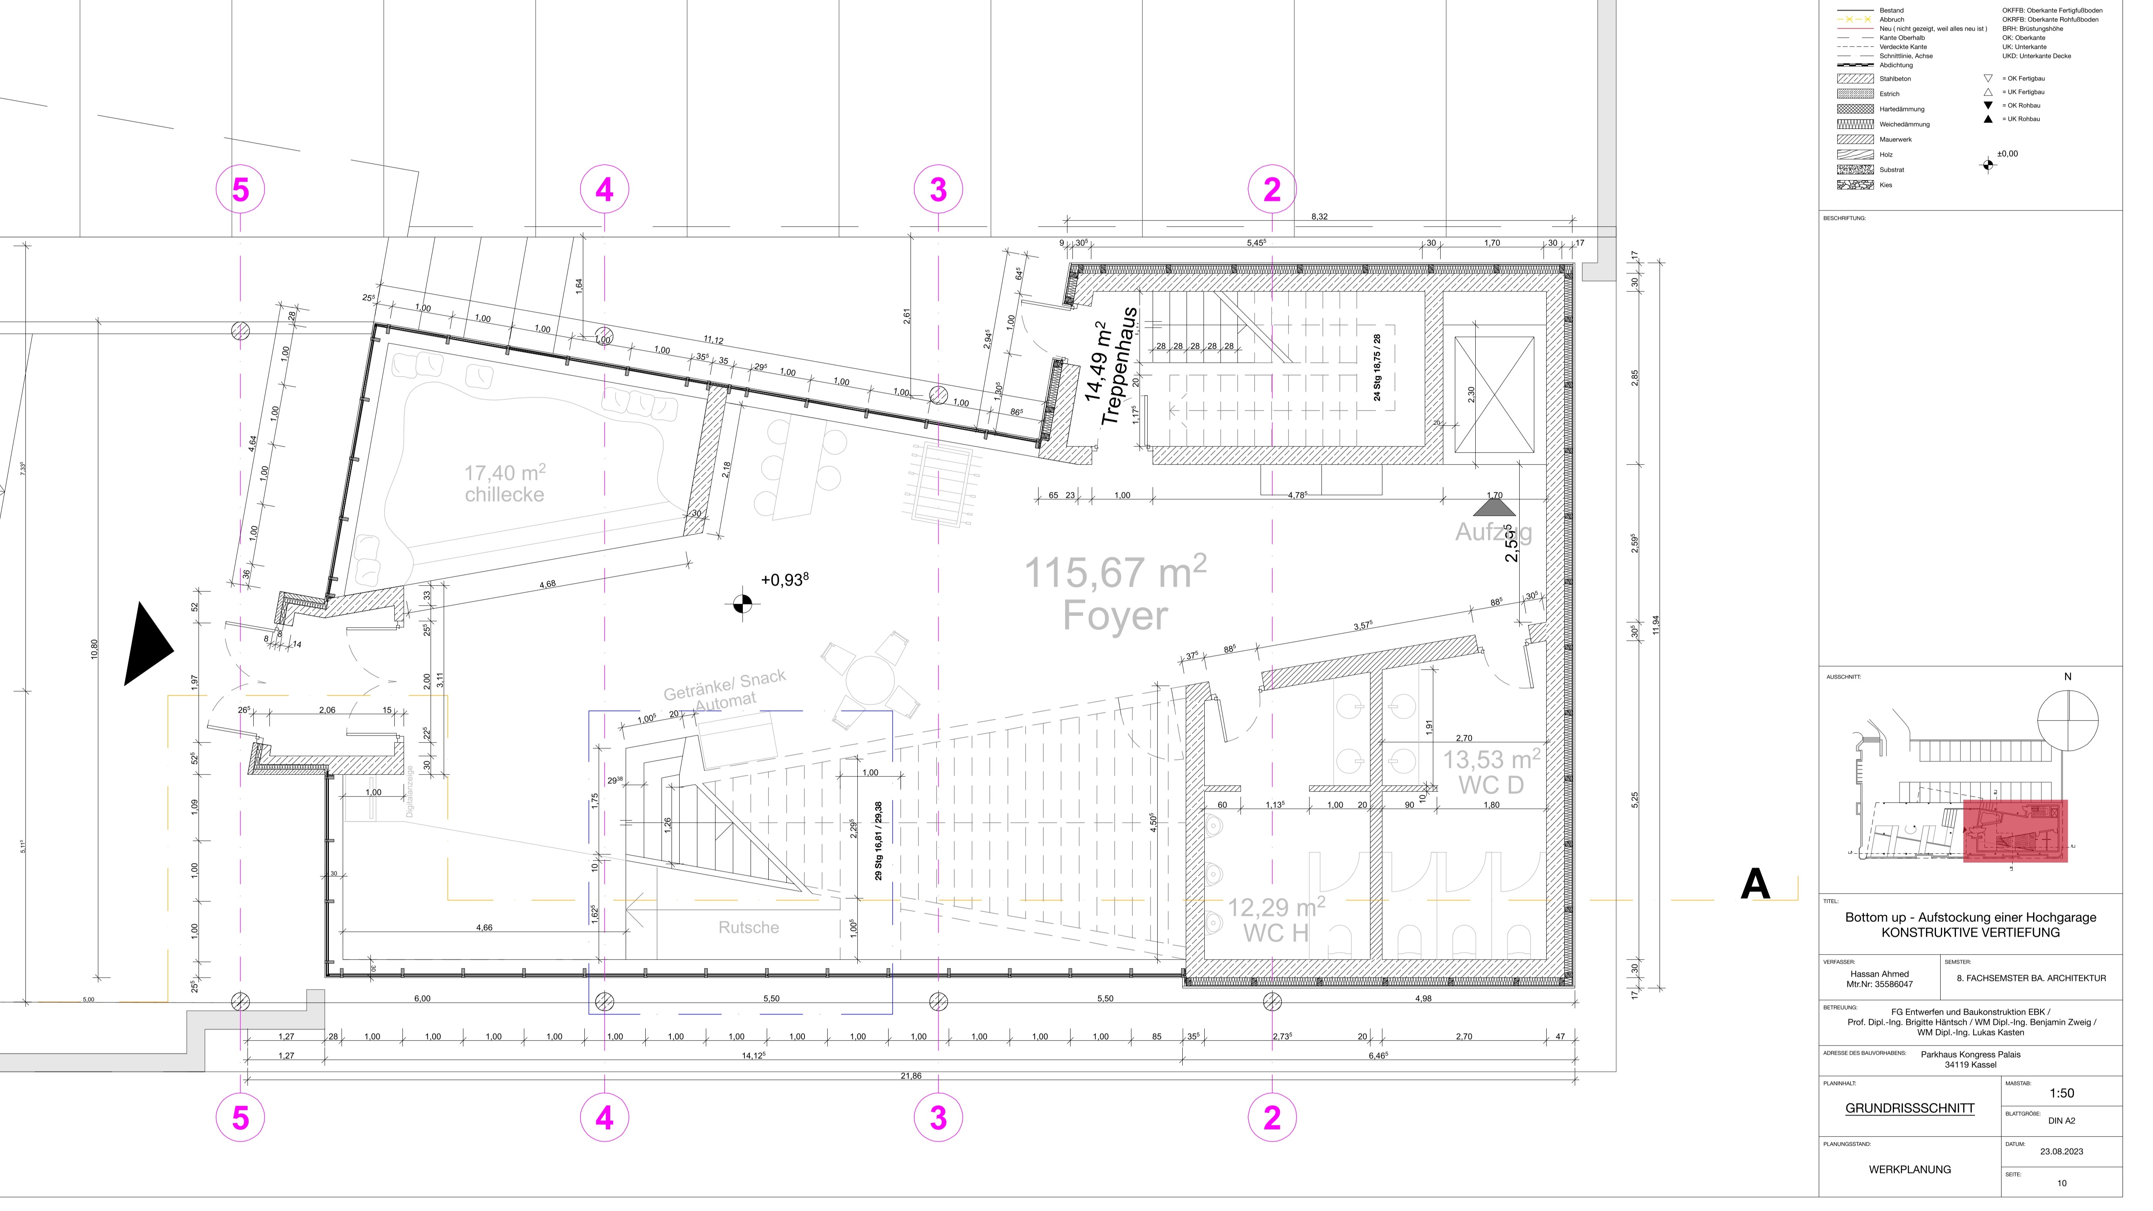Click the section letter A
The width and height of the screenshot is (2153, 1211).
[1754, 884]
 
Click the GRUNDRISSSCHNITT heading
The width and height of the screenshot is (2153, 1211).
[1910, 1108]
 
